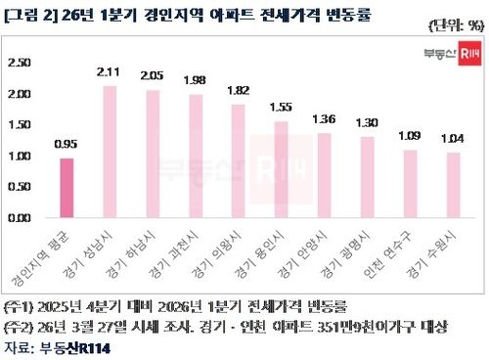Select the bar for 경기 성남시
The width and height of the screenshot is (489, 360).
coord(110,152)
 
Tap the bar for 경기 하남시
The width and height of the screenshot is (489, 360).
coord(152,154)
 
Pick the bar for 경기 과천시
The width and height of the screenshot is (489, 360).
coord(195,156)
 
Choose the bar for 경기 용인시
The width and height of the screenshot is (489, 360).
coord(281,169)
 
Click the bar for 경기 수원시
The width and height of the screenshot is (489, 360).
coord(453,185)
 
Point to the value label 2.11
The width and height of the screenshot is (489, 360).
coord(110,70)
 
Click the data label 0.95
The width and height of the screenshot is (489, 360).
coord(67,144)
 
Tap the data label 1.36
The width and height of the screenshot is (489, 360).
coord(324,118)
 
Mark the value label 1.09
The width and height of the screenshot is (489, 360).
coord(410,135)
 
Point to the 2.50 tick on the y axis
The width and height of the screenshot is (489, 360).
coord(19,63)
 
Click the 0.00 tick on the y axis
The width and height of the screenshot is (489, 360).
coord(19,217)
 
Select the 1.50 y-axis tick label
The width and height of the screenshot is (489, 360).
coord(19,124)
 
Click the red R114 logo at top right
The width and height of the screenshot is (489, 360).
coord(469,54)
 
